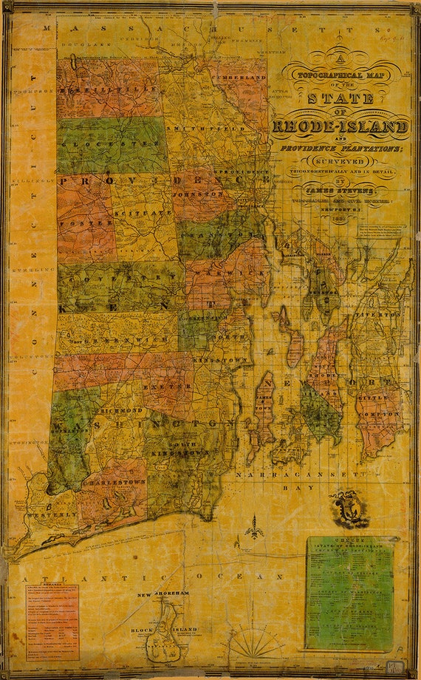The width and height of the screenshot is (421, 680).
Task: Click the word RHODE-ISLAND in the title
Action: click(340, 126)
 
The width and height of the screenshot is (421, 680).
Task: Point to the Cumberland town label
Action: click(240, 77)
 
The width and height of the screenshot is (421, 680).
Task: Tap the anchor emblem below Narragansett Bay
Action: click(348, 509)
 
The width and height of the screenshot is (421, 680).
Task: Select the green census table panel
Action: click(349, 592)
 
